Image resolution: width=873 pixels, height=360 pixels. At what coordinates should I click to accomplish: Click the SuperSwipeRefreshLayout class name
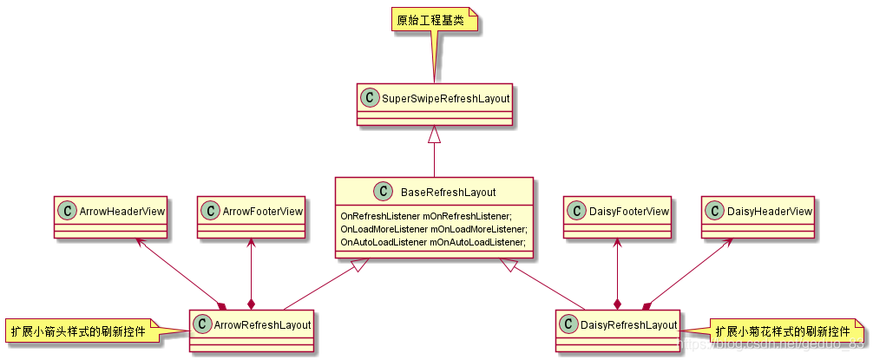tap(446, 99)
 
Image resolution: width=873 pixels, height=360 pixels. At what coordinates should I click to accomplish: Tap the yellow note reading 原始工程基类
tap(431, 20)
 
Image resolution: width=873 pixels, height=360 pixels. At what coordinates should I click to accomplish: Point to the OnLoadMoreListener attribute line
tap(434, 229)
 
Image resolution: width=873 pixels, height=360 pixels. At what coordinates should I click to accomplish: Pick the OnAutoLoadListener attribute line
tap(434, 243)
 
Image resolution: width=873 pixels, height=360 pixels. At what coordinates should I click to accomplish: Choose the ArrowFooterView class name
tap(262, 210)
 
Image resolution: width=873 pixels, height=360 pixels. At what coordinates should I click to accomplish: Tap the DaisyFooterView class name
tap(627, 211)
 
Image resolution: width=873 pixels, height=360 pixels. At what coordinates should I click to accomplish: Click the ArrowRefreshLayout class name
tap(262, 324)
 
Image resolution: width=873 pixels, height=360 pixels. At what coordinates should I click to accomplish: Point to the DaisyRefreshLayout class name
tap(629, 324)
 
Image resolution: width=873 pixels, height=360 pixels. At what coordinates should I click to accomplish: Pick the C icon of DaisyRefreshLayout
tap(569, 324)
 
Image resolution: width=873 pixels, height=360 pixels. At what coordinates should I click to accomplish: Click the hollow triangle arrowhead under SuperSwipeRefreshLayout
tap(434, 134)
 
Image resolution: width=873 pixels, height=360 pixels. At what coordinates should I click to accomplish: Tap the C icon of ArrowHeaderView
tap(66, 210)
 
